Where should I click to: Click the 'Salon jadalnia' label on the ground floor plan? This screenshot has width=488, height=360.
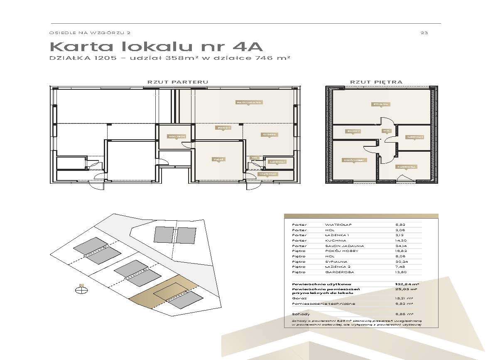[249, 102]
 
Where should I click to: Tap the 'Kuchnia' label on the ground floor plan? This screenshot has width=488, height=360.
[269, 134]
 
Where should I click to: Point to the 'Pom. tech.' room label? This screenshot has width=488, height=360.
[176, 136]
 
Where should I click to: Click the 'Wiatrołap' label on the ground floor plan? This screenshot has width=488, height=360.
[267, 174]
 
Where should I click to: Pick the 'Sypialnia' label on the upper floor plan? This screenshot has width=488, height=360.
[380, 104]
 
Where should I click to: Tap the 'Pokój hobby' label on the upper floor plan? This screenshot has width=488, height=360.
[354, 160]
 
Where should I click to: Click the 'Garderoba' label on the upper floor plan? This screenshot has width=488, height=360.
[406, 167]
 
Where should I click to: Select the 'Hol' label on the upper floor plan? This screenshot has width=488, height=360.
[386, 131]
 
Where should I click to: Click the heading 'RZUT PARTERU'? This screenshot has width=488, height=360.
[178, 82]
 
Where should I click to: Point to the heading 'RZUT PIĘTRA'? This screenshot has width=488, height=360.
[376, 82]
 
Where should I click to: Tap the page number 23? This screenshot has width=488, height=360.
[424, 33]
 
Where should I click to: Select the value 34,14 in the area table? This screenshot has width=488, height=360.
[400, 246]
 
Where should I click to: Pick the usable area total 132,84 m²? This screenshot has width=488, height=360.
[406, 284]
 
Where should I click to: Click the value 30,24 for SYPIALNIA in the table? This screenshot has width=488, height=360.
[400, 262]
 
